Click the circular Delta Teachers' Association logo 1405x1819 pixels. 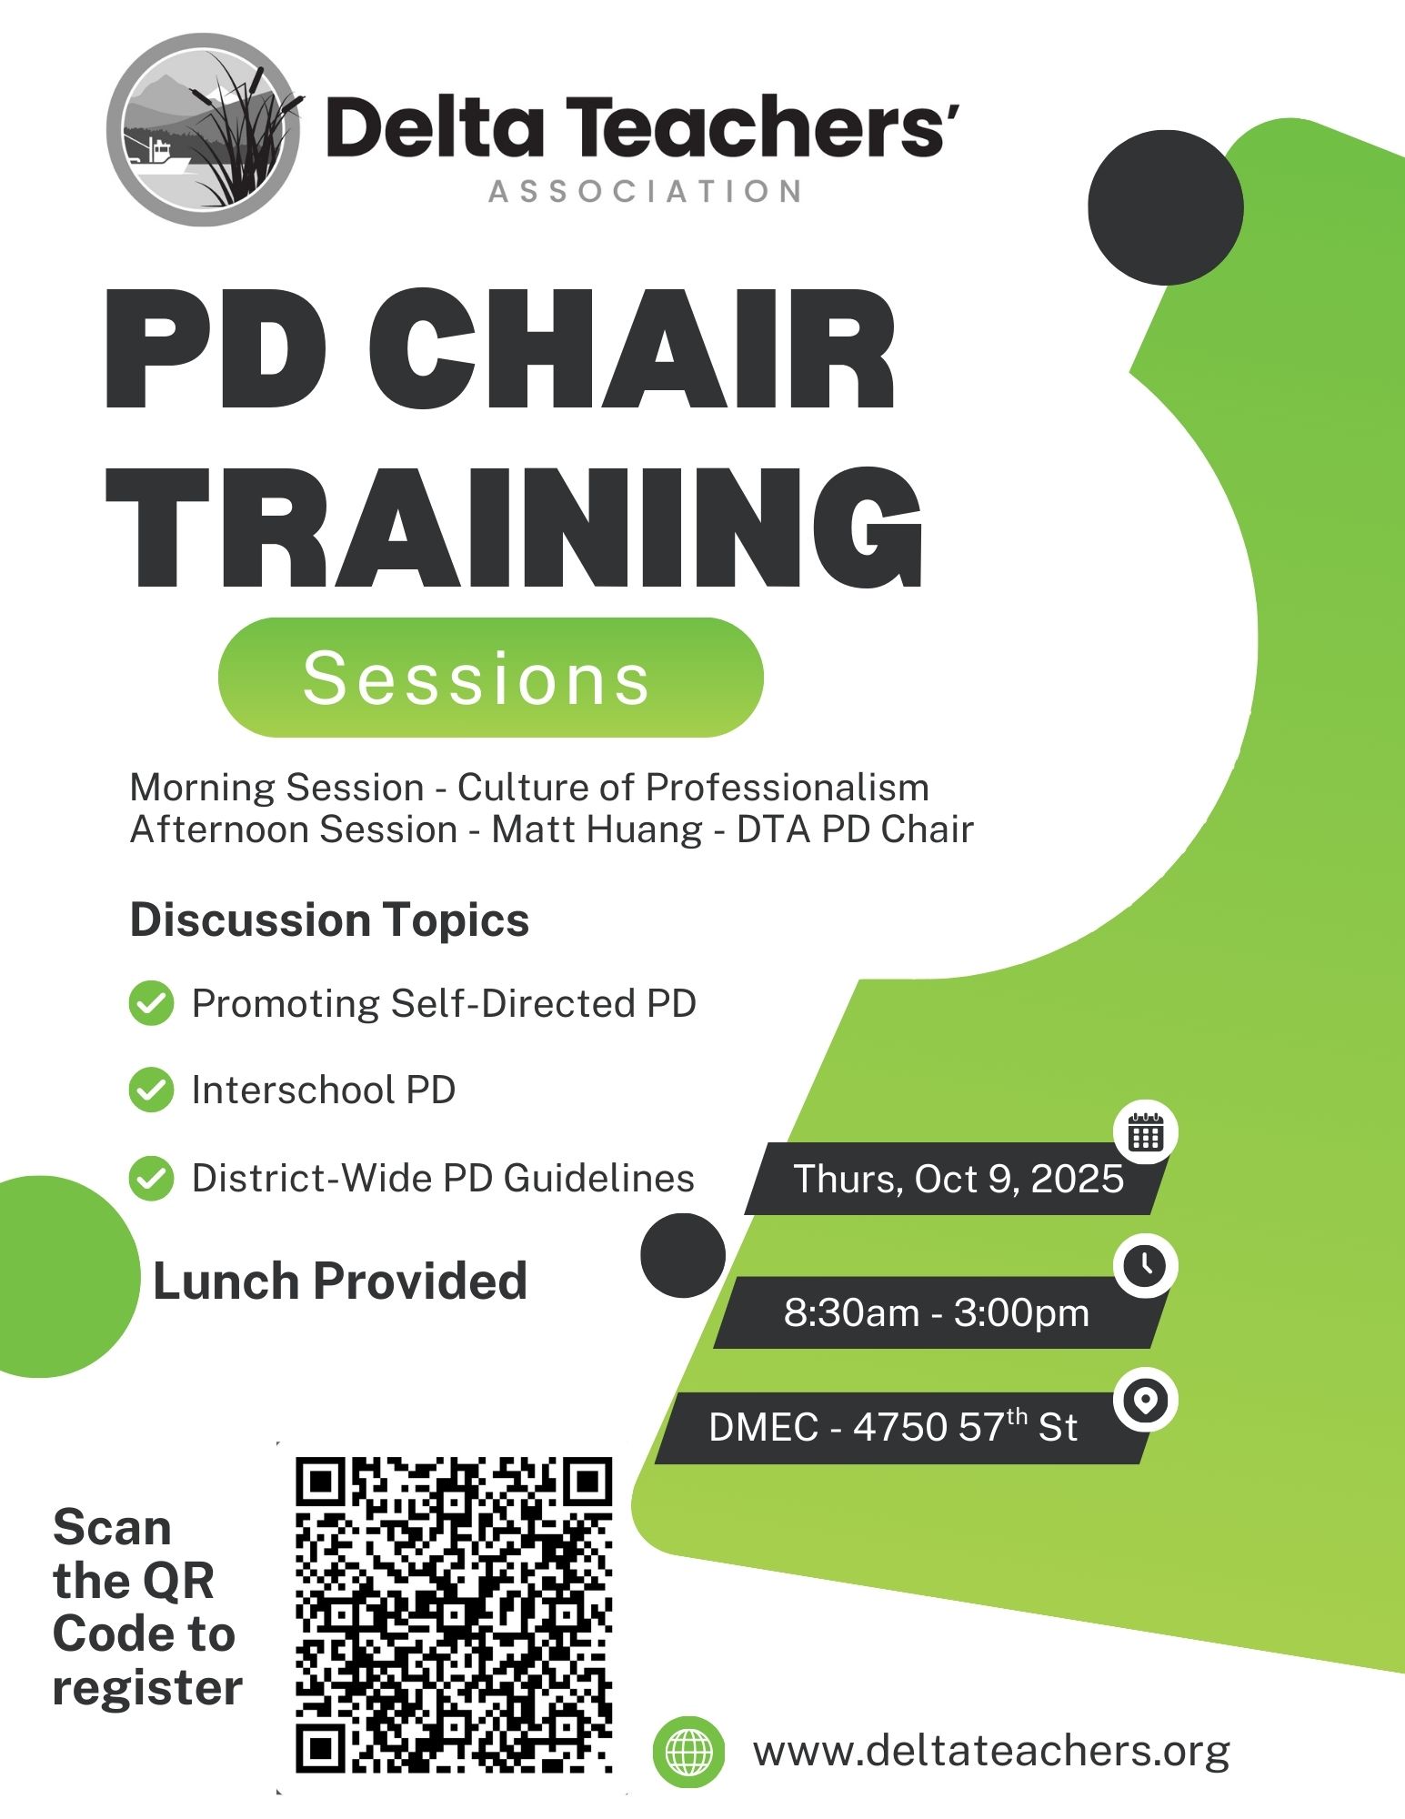click(x=204, y=130)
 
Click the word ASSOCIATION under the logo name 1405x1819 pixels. click(x=647, y=192)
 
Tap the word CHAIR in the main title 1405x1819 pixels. click(x=633, y=350)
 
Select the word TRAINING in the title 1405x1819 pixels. click(x=515, y=528)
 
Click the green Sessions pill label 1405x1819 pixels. click(x=490, y=678)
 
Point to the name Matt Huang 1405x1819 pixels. click(x=597, y=829)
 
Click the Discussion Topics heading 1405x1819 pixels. click(x=329, y=920)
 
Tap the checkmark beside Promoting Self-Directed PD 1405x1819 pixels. click(x=151, y=1004)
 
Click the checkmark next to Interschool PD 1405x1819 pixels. click(x=151, y=1090)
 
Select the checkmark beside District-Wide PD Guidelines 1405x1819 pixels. click(x=151, y=1179)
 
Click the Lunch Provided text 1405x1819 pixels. click(x=340, y=1281)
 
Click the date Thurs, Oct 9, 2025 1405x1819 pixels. click(x=959, y=1179)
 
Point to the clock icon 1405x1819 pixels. click(x=1146, y=1265)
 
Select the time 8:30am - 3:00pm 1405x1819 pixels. click(x=937, y=1312)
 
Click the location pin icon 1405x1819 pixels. click(x=1146, y=1400)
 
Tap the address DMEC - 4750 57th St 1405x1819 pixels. click(x=893, y=1426)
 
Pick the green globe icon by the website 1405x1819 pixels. click(x=689, y=1752)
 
